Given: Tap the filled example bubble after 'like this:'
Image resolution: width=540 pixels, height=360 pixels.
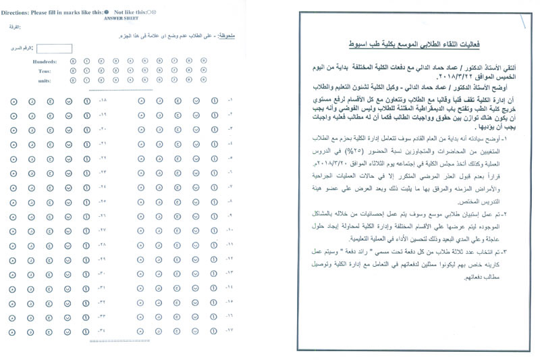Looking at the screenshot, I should [107, 11].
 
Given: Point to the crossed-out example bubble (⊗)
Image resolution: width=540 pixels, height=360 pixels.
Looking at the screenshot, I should [153, 11].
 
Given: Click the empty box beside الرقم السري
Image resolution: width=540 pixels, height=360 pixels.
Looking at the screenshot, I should [55, 48].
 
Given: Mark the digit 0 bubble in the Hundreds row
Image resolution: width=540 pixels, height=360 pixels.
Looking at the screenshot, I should [73, 61].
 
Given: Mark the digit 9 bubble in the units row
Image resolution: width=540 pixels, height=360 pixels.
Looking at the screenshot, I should [204, 80].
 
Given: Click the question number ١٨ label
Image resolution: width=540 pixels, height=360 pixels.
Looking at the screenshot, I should [103, 101].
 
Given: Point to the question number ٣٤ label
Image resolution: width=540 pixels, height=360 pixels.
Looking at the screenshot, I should [103, 331].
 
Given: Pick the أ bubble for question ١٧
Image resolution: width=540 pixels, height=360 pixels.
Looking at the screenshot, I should [213, 331].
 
